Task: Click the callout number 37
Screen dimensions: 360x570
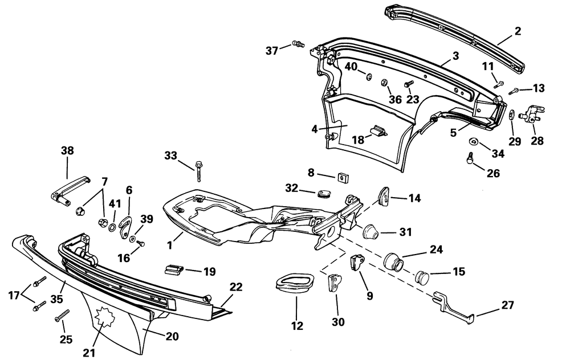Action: tap(272, 51)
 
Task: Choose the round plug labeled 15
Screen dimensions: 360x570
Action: tap(422, 276)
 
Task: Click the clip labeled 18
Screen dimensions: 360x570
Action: tap(377, 132)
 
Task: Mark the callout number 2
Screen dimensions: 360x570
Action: tap(518, 31)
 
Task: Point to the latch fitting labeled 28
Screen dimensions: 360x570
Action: tap(532, 113)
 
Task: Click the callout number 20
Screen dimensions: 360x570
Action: tap(172, 336)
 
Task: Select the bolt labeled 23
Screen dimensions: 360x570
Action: tap(409, 85)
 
